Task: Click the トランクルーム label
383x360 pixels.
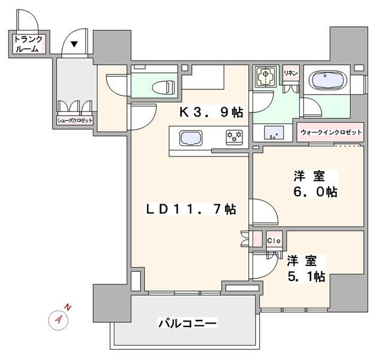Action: point(29,45)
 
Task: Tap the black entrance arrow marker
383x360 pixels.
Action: point(75,44)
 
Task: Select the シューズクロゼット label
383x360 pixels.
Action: point(75,120)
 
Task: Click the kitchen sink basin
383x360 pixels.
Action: point(191,138)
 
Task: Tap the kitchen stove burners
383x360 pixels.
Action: point(233,138)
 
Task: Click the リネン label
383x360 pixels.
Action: point(291,73)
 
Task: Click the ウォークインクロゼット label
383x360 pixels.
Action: point(330,132)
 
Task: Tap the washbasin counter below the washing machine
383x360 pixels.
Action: point(272,132)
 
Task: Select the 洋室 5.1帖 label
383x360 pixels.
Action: point(305,268)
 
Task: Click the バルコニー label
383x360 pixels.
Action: point(187,323)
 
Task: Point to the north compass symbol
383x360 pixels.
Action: point(58,319)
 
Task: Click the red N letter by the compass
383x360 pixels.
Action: point(68,307)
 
